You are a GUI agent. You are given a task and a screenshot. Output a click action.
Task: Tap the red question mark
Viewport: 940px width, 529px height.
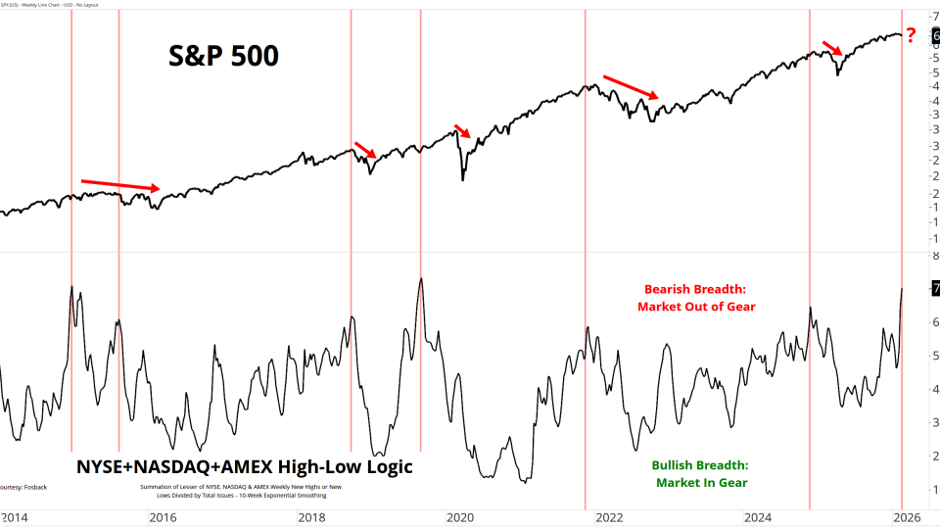point(911,36)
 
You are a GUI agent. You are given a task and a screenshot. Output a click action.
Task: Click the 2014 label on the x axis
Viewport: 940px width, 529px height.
point(14,516)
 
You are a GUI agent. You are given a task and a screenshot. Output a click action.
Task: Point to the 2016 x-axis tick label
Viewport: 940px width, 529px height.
point(163,516)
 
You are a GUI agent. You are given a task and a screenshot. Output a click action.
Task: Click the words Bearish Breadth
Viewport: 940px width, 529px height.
point(695,290)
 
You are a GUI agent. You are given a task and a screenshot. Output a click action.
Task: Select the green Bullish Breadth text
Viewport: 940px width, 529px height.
point(700,465)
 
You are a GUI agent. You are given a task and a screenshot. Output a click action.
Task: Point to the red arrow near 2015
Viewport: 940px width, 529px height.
point(119,184)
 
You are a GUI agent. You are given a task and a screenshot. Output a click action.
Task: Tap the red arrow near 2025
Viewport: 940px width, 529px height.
point(831,48)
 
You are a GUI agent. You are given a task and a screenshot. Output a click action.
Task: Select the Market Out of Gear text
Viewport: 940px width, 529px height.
point(696,307)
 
